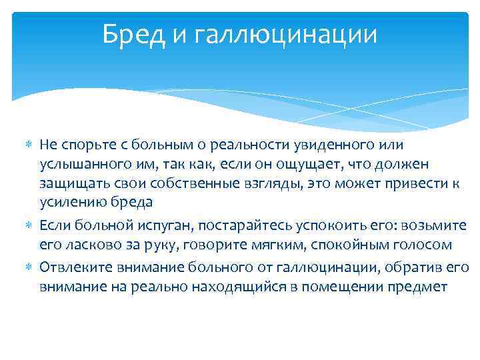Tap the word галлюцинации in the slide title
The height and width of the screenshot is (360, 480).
coord(286,35)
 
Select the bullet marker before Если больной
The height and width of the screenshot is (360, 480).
coord(29,226)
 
